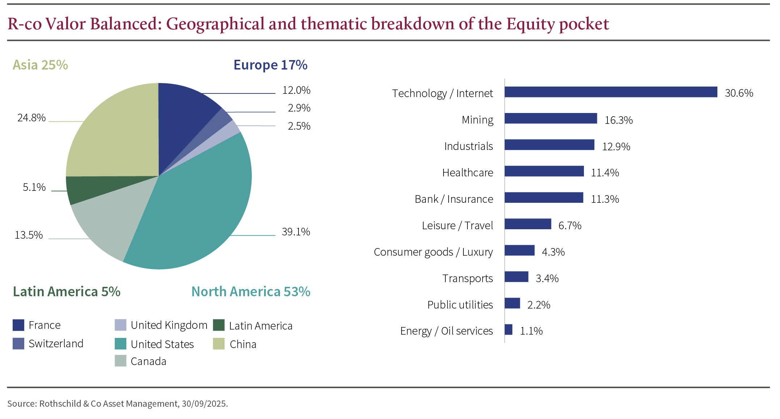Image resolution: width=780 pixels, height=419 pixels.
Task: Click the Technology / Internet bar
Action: click(611, 92)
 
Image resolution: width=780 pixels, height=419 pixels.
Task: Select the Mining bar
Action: click(551, 118)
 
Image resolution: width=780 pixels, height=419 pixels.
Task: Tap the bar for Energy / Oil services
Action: click(508, 330)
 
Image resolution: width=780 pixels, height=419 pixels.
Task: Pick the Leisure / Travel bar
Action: click(528, 224)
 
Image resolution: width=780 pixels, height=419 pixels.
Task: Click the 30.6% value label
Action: click(739, 93)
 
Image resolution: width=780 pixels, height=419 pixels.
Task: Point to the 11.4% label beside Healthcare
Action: click(605, 173)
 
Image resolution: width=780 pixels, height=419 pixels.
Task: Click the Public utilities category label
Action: click(460, 305)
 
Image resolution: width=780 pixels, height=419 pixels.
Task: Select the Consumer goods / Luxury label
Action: click(433, 252)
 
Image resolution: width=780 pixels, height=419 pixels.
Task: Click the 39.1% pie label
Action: click(296, 232)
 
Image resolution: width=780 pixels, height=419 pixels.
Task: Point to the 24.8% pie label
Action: click(31, 118)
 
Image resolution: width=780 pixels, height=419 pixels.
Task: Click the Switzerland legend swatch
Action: click(18, 344)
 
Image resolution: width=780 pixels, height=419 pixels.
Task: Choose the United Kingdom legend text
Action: click(169, 325)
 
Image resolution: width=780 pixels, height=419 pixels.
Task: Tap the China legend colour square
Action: click(219, 344)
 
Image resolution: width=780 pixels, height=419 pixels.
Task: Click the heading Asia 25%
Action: click(40, 65)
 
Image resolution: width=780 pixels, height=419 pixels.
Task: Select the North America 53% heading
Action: click(251, 292)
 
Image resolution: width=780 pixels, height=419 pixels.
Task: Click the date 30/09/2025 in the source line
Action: click(204, 404)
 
